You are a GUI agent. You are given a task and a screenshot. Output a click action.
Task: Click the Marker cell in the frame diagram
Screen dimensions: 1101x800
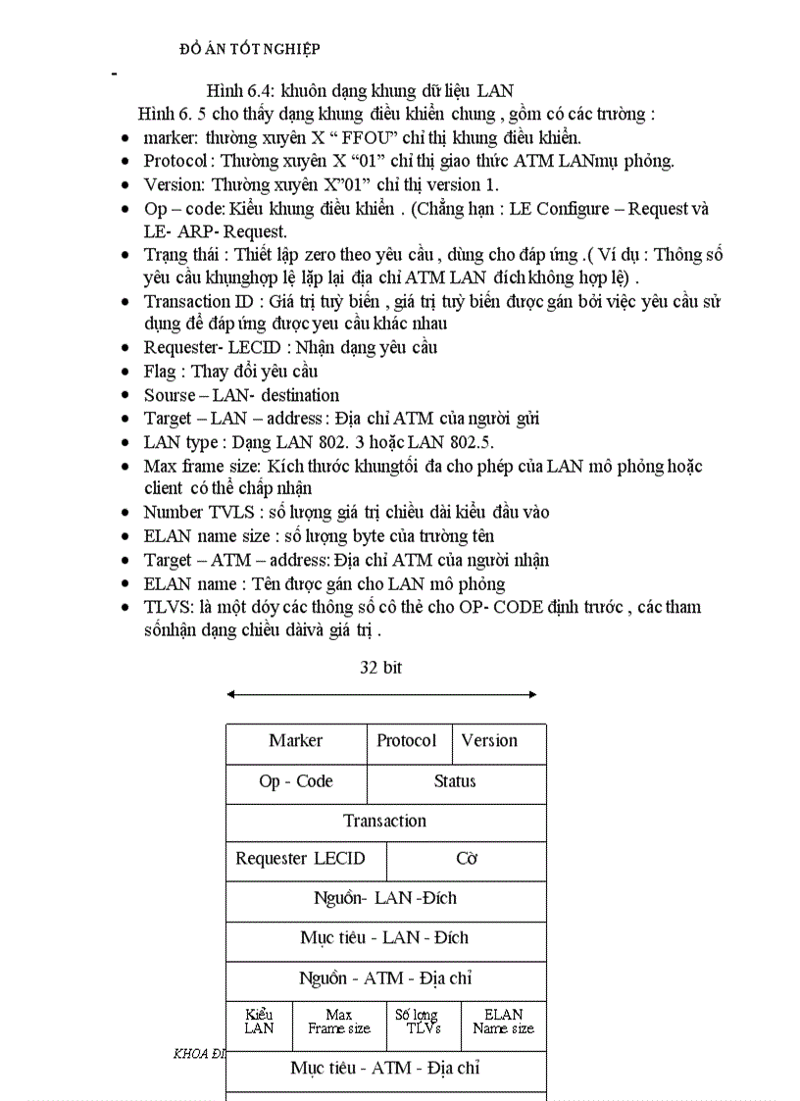(x=296, y=742)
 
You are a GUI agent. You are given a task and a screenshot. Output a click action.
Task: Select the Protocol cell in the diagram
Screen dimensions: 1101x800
(x=408, y=742)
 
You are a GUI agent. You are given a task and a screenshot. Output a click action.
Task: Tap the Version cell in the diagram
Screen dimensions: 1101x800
(x=499, y=742)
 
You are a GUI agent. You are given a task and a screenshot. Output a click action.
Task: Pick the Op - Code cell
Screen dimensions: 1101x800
(x=296, y=782)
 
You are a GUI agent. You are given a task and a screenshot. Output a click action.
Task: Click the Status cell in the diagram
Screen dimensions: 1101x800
(x=455, y=782)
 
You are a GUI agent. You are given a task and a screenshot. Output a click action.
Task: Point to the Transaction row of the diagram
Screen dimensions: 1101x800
(x=385, y=822)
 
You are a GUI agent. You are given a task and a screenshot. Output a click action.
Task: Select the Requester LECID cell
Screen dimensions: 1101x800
(x=301, y=860)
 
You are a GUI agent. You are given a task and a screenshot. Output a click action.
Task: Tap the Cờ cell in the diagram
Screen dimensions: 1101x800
(x=467, y=860)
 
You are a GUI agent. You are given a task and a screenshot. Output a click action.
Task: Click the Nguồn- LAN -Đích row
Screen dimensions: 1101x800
(x=385, y=899)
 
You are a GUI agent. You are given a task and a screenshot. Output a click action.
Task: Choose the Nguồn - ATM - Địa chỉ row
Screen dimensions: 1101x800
(x=385, y=979)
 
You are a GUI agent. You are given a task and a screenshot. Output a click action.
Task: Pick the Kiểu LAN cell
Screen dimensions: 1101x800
(x=259, y=1022)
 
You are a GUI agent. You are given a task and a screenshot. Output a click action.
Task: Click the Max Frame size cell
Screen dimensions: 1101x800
(x=339, y=1022)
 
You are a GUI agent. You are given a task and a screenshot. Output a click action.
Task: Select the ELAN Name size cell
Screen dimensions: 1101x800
(x=503, y=1022)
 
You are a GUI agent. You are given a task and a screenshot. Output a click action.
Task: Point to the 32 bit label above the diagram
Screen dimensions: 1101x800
(x=380, y=669)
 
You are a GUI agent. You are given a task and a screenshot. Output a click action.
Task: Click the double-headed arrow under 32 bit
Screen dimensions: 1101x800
(x=381, y=695)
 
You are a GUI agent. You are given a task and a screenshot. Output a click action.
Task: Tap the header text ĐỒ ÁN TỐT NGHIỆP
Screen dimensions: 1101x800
(x=251, y=49)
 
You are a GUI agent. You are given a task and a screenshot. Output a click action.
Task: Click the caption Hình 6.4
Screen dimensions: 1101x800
(x=360, y=91)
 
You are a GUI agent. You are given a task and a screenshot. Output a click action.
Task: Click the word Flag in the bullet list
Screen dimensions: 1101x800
(x=160, y=372)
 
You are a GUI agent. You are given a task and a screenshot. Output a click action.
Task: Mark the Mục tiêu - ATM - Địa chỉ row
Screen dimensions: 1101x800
(x=385, y=1069)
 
